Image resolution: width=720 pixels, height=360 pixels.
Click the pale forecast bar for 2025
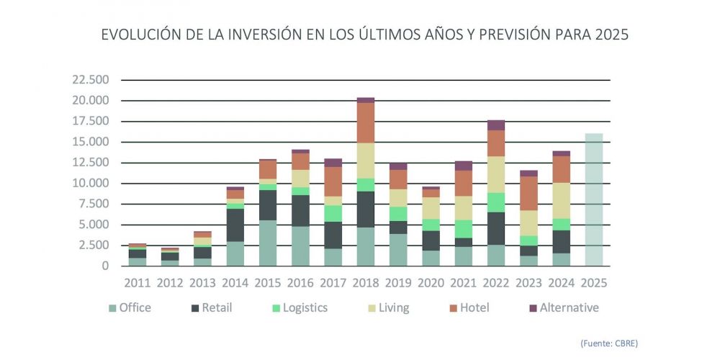click(594, 199)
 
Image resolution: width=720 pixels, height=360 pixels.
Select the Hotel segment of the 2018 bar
click(366, 122)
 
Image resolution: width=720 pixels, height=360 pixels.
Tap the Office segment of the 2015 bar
click(268, 243)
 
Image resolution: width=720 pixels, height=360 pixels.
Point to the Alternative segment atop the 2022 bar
click(496, 125)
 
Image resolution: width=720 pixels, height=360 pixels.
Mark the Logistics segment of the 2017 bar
click(333, 213)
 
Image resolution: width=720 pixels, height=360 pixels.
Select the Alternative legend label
click(569, 308)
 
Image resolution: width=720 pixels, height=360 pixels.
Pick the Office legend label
click(135, 308)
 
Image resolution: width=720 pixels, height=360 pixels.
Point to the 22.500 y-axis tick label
click(91, 79)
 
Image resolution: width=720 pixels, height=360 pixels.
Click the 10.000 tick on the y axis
click(91, 183)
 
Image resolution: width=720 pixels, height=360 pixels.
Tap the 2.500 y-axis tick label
click(94, 245)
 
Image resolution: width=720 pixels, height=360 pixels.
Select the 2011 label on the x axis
click(137, 282)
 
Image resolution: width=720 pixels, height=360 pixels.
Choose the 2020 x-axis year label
click(431, 282)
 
